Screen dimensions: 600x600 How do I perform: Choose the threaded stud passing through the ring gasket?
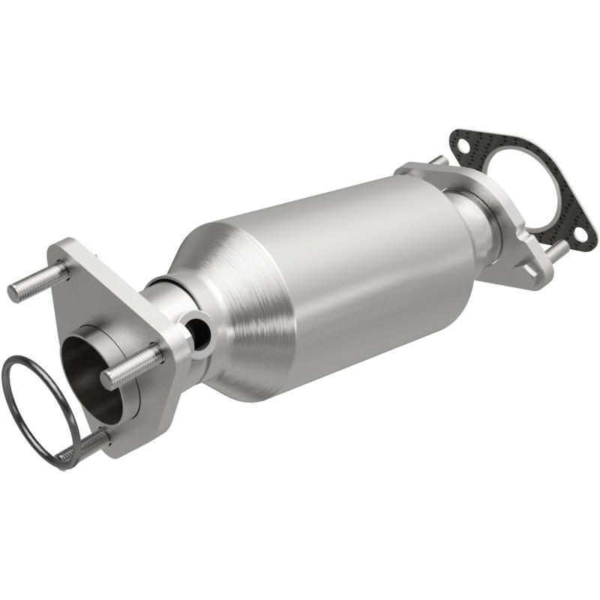[x=82, y=448]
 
